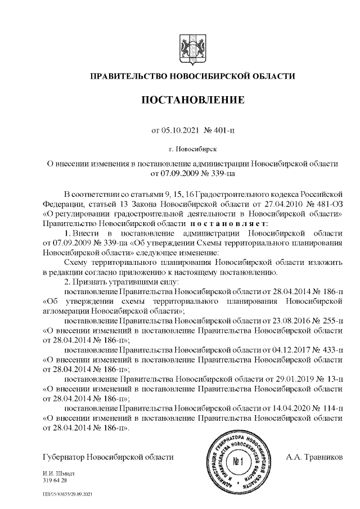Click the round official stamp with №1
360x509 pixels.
point(237,462)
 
